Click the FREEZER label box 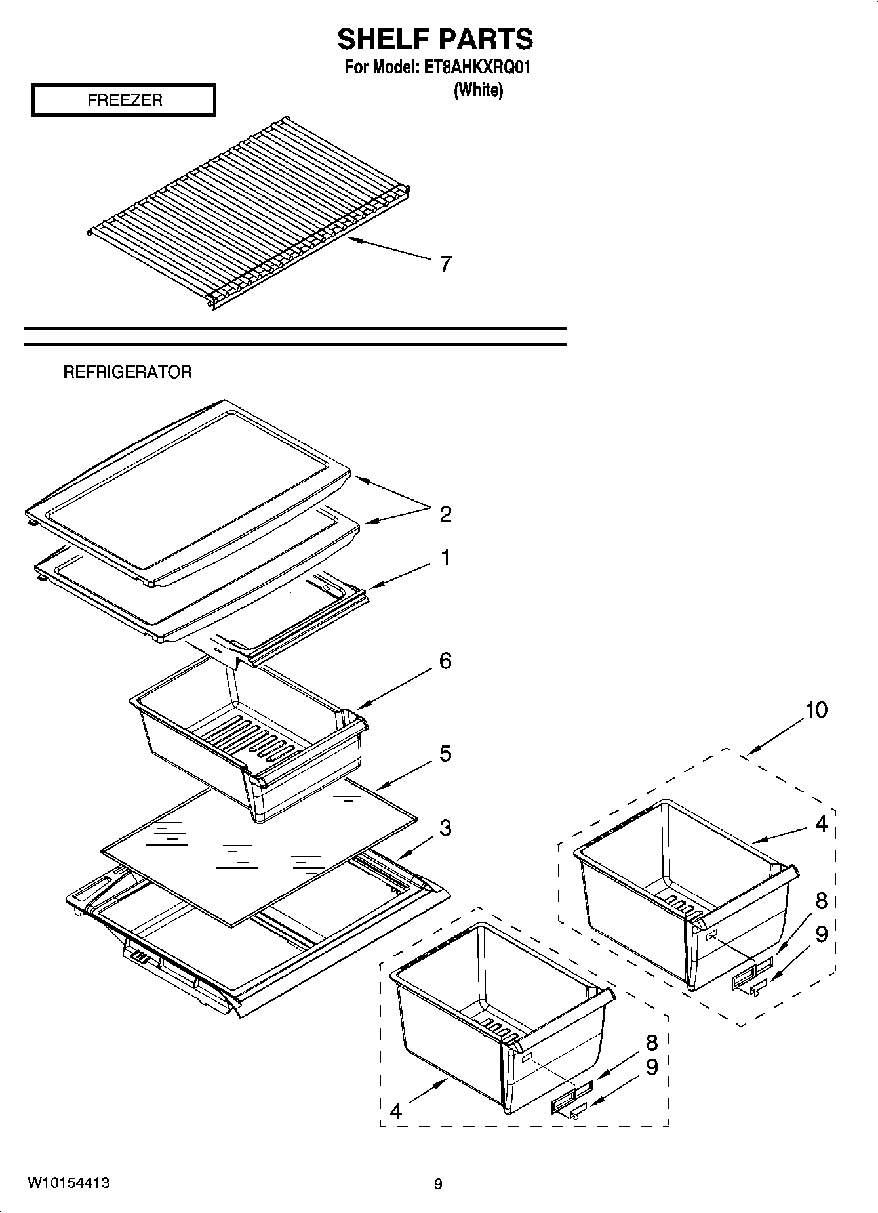[124, 100]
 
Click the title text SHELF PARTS [435, 39]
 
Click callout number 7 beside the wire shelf [446, 264]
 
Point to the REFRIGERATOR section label [127, 373]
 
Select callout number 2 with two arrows [446, 514]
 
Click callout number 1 [446, 558]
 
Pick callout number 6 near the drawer [446, 661]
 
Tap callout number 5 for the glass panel [446, 754]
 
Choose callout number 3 [446, 829]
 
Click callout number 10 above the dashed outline [816, 710]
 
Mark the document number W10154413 [68, 1183]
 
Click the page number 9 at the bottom [438, 1184]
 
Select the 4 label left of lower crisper [395, 1111]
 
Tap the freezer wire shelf [249, 213]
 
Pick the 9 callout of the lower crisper [651, 1067]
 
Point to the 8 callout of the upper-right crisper [821, 901]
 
